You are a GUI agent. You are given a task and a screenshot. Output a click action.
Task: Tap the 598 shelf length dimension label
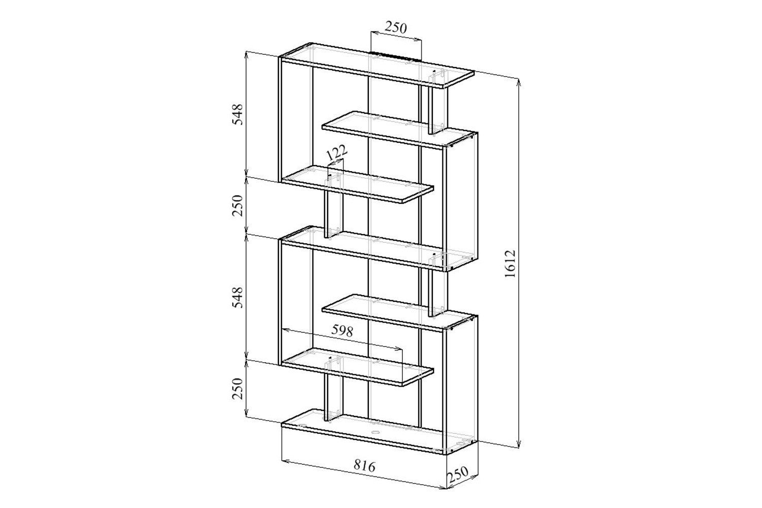342,331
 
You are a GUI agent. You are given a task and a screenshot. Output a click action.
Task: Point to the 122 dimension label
336,153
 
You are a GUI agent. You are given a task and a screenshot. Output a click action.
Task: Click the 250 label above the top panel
395,27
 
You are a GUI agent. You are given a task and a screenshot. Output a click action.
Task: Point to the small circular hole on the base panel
375,432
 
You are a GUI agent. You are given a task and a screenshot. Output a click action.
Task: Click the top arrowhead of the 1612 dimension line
518,82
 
